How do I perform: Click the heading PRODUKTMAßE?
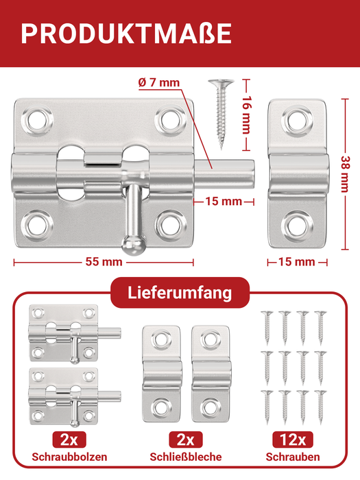(x=125, y=34)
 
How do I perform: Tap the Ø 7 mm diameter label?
(x=158, y=83)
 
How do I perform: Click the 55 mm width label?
(x=104, y=261)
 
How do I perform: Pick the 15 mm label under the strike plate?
(x=297, y=261)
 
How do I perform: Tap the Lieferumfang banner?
(x=180, y=293)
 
